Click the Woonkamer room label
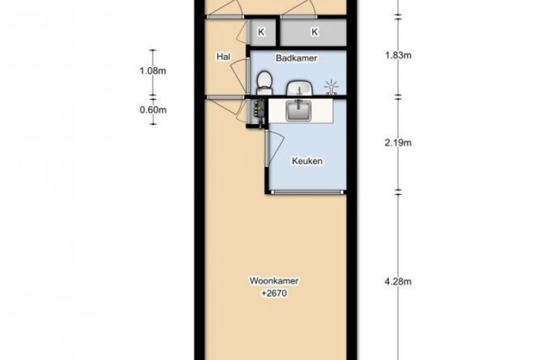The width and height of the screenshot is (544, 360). pos(274,281)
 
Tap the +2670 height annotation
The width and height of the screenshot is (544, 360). pos(274,293)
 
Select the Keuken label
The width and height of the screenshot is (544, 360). pos(307,161)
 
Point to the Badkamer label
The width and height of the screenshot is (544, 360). pos(296,58)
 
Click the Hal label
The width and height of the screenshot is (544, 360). pos(223,56)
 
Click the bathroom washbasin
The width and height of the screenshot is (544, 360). pos(300,88)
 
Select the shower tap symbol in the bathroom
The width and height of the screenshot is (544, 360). pos(331,88)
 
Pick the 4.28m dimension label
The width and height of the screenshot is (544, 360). pos(398,281)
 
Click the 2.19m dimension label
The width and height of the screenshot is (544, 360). pos(398,143)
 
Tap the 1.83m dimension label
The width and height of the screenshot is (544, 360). pos(398,55)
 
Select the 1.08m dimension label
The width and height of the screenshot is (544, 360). pos(153,71)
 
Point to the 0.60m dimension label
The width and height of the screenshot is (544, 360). pos(153,110)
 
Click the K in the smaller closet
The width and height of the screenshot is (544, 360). pos(261,32)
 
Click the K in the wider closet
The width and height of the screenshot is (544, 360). pos(315,32)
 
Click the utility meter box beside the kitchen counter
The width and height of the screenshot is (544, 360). pos(257,112)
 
